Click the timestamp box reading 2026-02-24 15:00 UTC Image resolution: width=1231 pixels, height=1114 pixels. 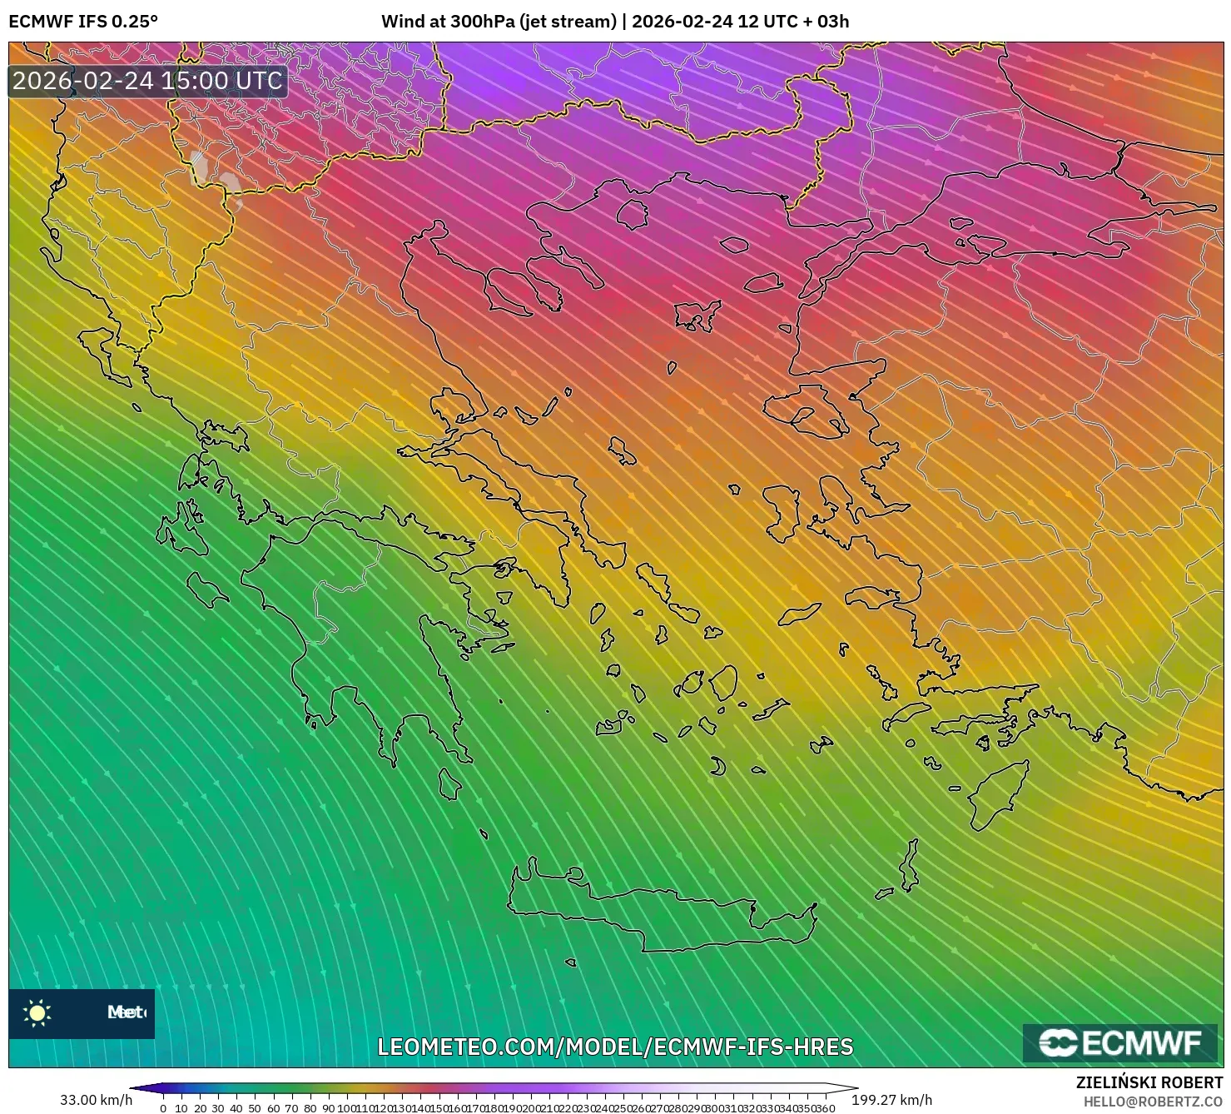point(148,81)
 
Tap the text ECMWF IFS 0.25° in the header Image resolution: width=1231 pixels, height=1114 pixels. point(83,22)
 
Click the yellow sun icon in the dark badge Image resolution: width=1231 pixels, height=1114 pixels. point(37,1012)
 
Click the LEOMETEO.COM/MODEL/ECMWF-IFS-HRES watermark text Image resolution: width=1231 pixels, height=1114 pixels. point(615,1047)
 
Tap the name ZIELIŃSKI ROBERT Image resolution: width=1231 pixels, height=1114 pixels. point(1149,1083)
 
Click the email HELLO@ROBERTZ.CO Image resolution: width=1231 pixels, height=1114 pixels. point(1153,1101)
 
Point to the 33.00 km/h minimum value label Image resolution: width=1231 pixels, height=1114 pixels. point(96,1100)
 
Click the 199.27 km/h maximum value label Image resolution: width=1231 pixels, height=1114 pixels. point(891,1100)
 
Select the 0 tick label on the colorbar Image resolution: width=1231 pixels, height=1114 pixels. point(163,1108)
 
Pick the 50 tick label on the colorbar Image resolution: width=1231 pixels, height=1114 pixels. point(255,1108)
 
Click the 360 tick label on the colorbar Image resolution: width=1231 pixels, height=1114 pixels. point(824,1108)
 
